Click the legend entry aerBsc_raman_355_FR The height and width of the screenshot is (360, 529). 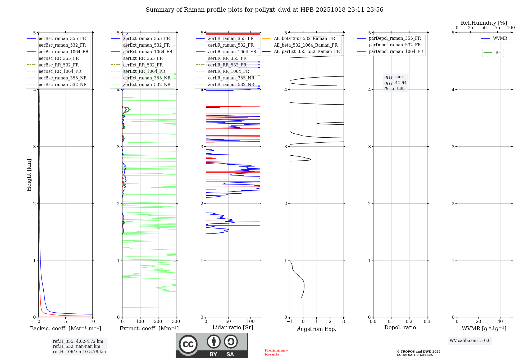pos(62,39)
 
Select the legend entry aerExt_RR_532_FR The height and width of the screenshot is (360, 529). pos(143,65)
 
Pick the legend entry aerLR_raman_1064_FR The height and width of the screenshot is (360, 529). pos(232,52)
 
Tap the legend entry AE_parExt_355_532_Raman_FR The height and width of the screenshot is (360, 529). pos(307,52)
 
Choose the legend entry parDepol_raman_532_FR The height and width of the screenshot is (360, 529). pos(395,45)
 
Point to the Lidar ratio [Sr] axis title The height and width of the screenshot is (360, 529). pos(232,327)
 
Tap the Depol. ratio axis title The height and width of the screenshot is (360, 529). pos(400,327)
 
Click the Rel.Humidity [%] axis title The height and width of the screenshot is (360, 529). pos(484,23)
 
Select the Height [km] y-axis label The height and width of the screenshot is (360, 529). pos(29,175)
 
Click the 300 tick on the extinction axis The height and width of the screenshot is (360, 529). pos(176,322)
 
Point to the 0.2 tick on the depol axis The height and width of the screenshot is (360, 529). pos(409,322)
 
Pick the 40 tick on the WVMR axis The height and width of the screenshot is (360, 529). pos(500,322)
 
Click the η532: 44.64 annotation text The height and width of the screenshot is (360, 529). pos(395,83)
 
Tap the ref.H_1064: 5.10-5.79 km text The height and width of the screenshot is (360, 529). pos(79,352)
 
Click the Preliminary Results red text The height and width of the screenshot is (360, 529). pos(276,352)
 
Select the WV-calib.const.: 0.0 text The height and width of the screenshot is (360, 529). pos(470,341)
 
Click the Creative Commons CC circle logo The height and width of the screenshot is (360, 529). pos(188,344)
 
